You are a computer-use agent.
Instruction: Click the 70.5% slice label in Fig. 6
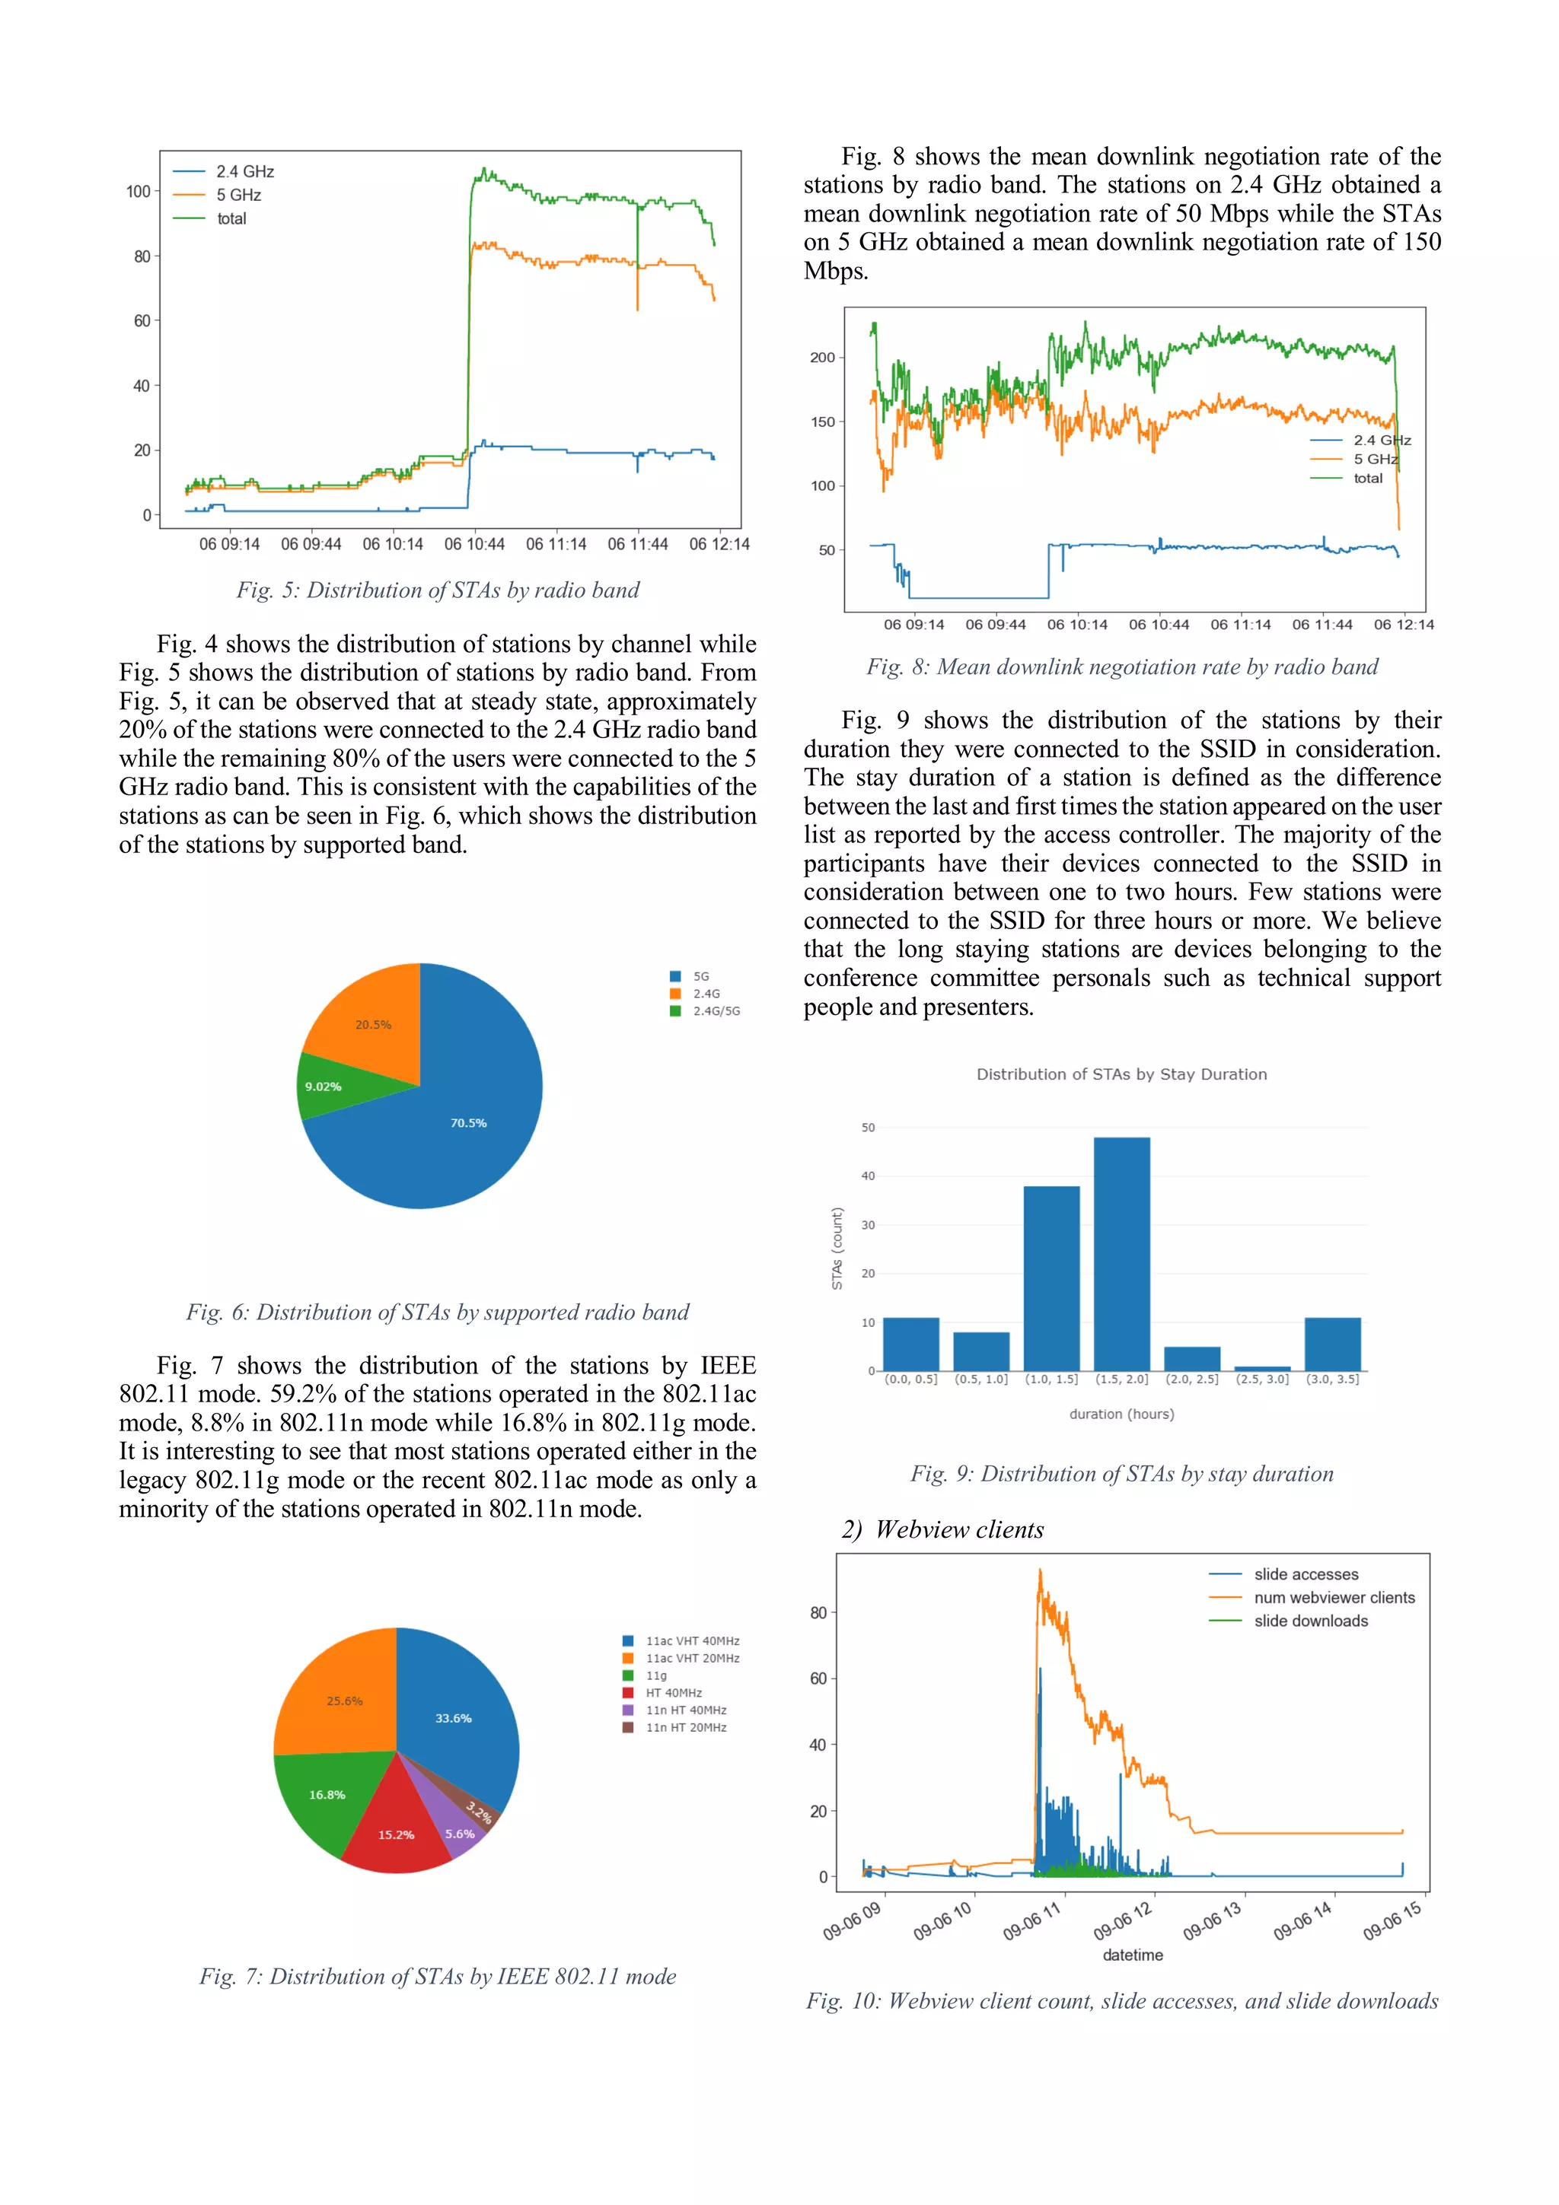click(x=469, y=1123)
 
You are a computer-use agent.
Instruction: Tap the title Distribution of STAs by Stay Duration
click(x=1121, y=1074)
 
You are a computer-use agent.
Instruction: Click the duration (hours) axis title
click(x=1121, y=1414)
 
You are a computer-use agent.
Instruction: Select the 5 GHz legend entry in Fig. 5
click(x=238, y=195)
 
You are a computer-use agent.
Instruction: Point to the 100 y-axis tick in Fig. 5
click(x=139, y=191)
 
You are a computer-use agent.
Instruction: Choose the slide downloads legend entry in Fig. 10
click(x=1309, y=1621)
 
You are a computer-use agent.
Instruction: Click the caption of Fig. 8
click(x=1121, y=667)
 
